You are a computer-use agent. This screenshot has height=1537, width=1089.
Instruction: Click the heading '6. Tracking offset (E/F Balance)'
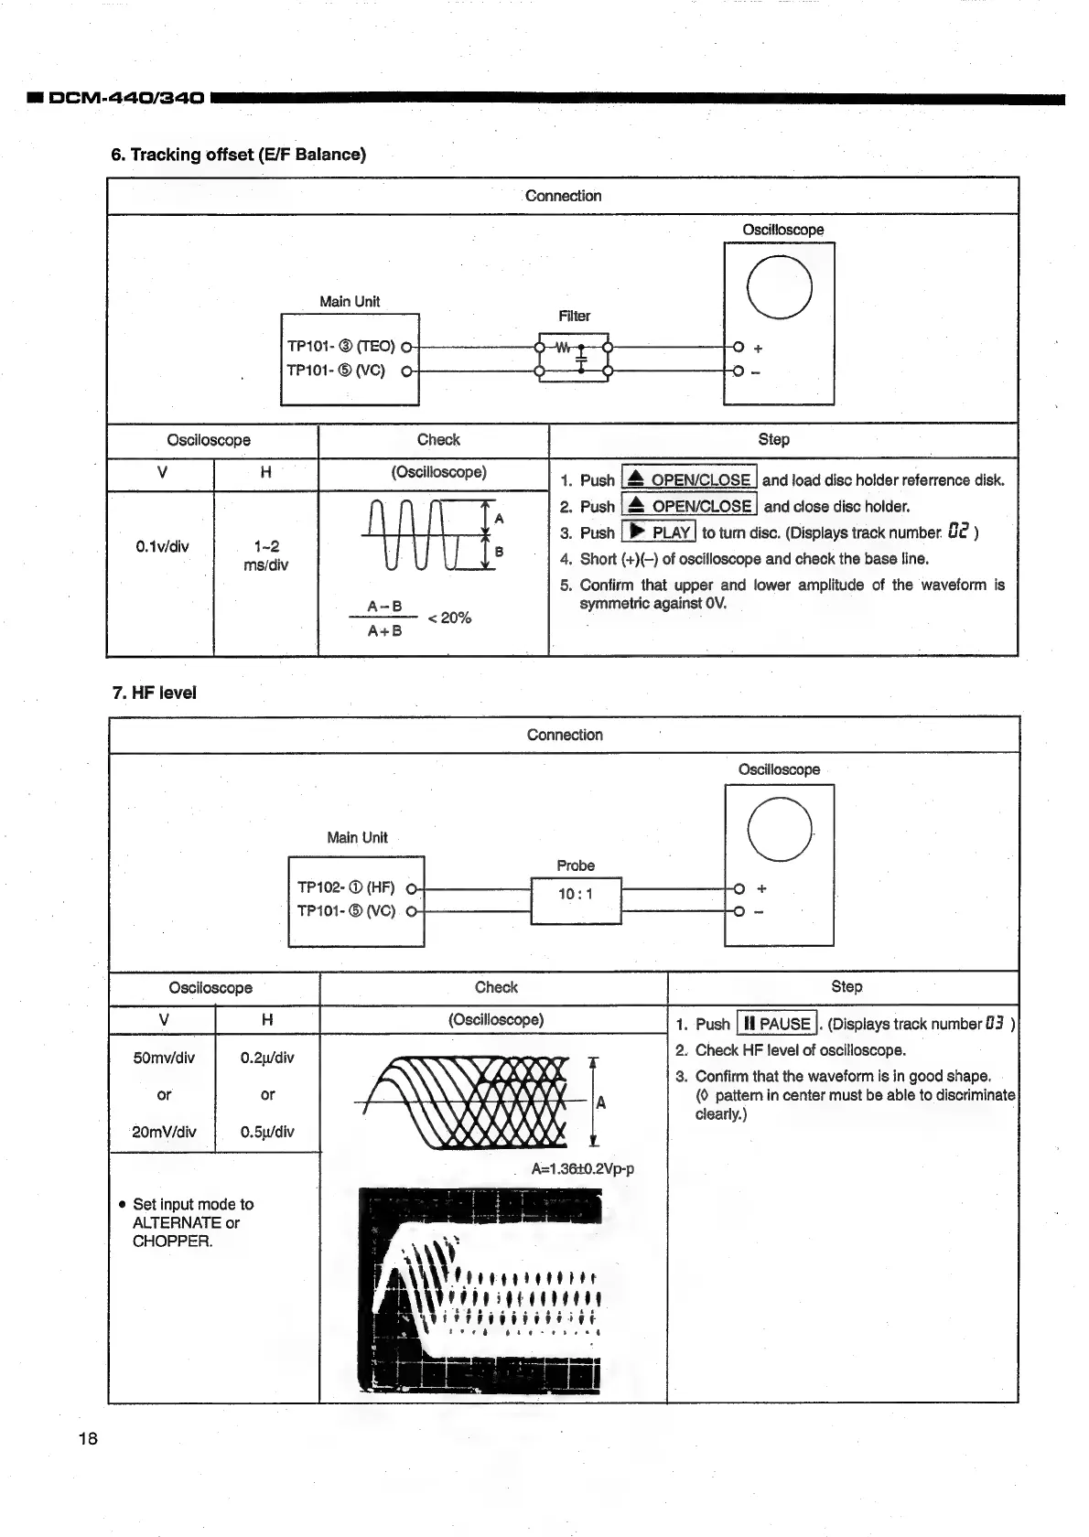click(238, 155)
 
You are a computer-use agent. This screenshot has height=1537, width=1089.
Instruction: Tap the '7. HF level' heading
click(154, 693)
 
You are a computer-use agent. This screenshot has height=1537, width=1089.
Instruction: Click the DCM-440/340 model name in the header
click(125, 97)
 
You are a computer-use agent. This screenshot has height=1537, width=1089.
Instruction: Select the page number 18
click(88, 1439)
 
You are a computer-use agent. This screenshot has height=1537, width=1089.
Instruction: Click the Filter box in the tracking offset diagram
click(575, 358)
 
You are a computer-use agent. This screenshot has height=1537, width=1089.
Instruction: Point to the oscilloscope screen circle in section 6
click(779, 286)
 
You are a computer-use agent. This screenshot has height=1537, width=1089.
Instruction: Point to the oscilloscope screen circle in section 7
click(780, 828)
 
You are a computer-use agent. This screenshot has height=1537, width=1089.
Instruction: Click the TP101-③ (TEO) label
click(340, 347)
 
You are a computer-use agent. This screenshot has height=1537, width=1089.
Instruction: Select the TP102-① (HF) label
click(346, 887)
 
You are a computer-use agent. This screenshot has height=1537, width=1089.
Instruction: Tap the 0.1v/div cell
click(162, 547)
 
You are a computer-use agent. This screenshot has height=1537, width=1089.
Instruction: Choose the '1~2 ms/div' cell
click(266, 556)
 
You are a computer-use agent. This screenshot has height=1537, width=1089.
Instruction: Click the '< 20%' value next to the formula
click(449, 618)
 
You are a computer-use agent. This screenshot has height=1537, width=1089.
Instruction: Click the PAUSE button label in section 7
click(777, 1024)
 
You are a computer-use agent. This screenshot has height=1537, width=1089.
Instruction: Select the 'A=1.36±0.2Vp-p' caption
click(582, 1169)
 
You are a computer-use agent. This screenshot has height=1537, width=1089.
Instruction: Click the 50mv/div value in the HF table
click(164, 1059)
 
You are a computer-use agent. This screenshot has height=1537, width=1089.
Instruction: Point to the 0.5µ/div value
click(267, 1132)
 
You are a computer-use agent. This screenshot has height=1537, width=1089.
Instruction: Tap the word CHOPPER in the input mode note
click(172, 1241)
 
